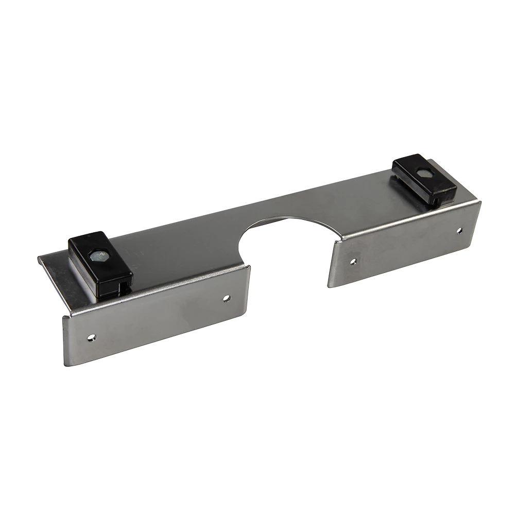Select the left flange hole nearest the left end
click(91, 337)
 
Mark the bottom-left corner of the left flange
click(65, 364)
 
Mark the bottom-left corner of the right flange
click(328, 286)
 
